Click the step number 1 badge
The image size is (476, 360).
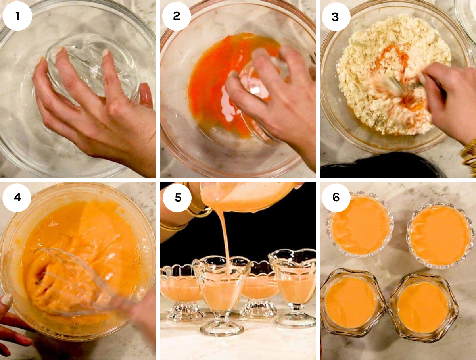pos(17,16)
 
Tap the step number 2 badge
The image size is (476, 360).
pos(177,16)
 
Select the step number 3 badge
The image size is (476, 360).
pos(336,17)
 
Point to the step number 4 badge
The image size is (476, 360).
pos(17,197)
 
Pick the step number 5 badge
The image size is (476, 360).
pos(177,198)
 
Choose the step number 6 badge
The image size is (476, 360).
pos(336,197)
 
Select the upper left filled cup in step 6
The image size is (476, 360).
pos(360,225)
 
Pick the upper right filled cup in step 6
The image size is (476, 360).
pos(440,235)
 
